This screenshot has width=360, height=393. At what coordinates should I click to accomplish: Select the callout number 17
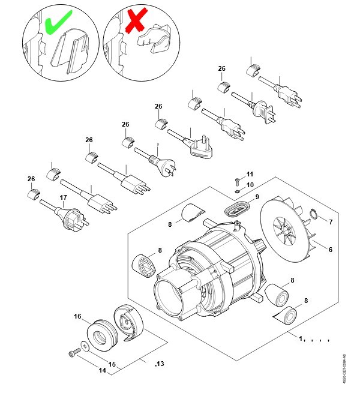63,197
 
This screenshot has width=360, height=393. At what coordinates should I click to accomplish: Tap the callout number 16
77,316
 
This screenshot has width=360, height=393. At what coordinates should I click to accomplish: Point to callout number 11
250,173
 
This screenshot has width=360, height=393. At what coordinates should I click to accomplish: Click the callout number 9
257,197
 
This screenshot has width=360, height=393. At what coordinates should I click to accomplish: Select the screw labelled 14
74,352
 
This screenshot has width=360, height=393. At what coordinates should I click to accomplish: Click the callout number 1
301,339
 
